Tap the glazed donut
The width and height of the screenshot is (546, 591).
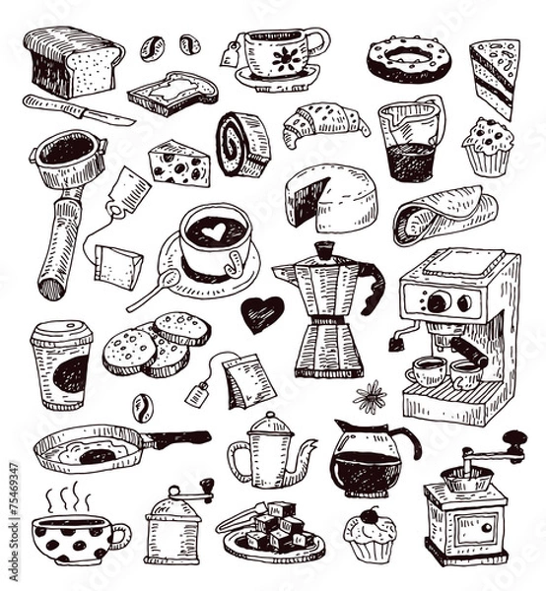point(408,59)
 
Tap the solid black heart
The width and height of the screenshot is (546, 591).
point(261,313)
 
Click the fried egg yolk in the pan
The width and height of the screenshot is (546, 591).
point(96,454)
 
